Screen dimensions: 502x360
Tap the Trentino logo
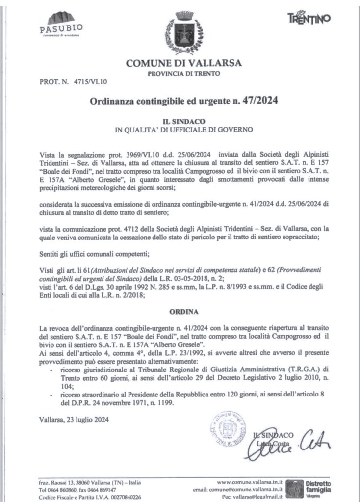click(x=309, y=18)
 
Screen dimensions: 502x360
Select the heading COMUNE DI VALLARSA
click(x=184, y=63)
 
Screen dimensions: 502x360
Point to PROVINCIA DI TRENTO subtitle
click(x=184, y=74)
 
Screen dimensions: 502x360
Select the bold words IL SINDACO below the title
click(x=183, y=120)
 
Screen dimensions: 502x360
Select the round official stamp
click(x=227, y=430)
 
